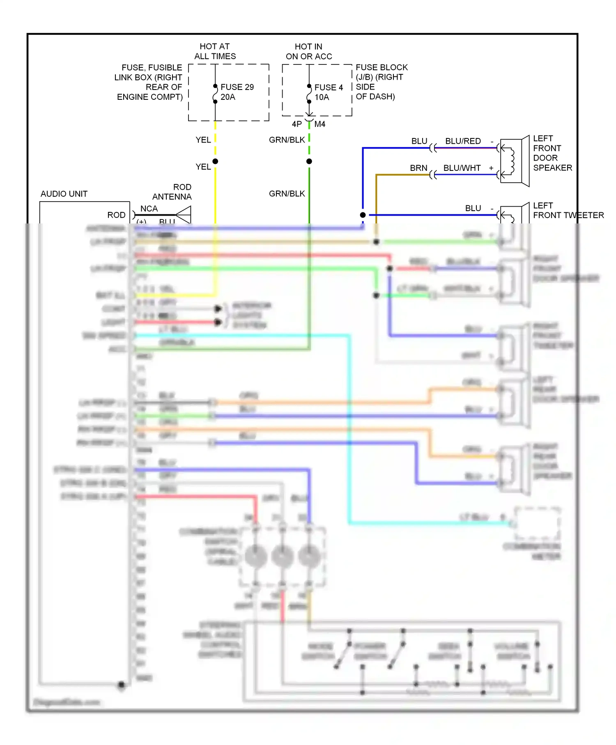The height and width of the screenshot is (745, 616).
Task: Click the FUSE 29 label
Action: click(x=237, y=87)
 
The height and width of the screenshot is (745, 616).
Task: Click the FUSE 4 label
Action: click(x=329, y=87)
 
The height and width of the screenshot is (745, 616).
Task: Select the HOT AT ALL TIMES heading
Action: click(x=215, y=51)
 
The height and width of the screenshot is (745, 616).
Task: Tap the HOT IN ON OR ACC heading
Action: click(x=309, y=52)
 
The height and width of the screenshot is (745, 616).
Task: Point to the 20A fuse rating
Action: click(x=228, y=97)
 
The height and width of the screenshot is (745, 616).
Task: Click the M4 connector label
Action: click(x=320, y=124)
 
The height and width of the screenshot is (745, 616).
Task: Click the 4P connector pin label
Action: click(x=297, y=124)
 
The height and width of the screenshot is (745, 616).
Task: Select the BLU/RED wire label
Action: click(x=463, y=141)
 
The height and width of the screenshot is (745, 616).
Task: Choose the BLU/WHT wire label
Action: click(x=462, y=168)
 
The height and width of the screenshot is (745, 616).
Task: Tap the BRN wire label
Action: click(x=418, y=168)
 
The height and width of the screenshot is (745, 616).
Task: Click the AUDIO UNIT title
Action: click(x=64, y=194)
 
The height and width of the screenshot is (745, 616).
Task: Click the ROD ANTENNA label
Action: click(x=172, y=192)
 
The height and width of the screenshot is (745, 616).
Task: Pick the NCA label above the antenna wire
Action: click(x=149, y=209)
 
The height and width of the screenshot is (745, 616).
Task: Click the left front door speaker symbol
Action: click(x=514, y=161)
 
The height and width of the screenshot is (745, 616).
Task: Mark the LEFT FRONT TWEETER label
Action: click(x=568, y=210)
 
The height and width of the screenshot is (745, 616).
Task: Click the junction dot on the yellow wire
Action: click(x=215, y=161)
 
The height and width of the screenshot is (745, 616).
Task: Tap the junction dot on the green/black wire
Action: click(x=309, y=161)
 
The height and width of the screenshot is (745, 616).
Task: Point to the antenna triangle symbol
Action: click(x=184, y=215)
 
